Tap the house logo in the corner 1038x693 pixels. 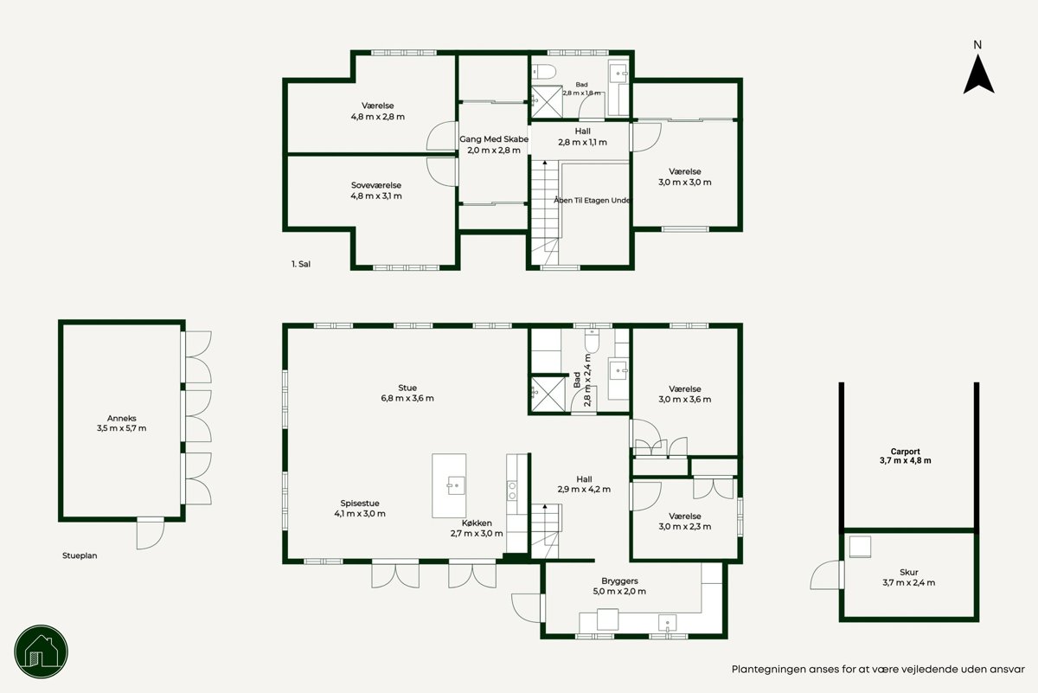pos(42,651)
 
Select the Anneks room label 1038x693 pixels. pos(121,418)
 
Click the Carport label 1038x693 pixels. pos(905,452)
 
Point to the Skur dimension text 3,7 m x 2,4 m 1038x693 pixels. pos(909,582)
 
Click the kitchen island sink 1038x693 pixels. pos(456,485)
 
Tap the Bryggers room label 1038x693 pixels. pos(619,581)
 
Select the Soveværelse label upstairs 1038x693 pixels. pos(376,185)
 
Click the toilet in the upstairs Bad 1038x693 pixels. pos(543,72)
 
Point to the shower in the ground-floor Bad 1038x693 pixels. pos(547,395)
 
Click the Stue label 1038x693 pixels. pos(407,388)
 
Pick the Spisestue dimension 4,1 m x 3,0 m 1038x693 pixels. pos(360,514)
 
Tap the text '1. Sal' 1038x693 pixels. pos(301,264)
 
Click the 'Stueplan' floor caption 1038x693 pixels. pos(80,555)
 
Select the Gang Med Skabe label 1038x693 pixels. pos(494,139)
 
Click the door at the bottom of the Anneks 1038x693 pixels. pos(151,534)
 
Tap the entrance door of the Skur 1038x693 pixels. pos(827,574)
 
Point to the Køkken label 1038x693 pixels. pos(477,523)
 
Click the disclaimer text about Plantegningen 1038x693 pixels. pos(878,670)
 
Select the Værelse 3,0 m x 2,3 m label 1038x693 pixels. pos(685,522)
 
